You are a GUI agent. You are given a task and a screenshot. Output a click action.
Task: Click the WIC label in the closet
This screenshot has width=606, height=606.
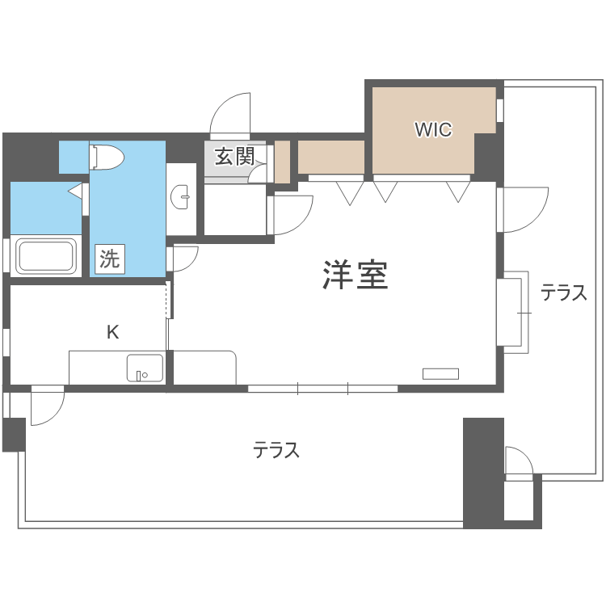coord(433,129)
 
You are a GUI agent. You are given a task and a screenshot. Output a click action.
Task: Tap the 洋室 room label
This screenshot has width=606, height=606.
coord(356,276)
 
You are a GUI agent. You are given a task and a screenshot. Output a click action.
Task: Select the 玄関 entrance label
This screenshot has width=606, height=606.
coord(234,156)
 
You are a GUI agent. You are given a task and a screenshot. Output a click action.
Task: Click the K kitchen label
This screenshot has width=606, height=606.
coord(113,331)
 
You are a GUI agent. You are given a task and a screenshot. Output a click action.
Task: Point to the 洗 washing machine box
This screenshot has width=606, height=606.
coord(109,259)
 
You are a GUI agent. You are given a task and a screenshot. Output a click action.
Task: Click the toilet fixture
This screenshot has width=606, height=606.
coord(107,157)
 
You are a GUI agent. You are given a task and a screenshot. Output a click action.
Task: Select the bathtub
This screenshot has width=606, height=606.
coord(46,256)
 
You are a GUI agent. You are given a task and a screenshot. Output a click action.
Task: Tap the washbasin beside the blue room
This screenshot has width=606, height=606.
coord(183,195)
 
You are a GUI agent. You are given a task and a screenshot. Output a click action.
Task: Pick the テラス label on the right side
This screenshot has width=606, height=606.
coord(563,293)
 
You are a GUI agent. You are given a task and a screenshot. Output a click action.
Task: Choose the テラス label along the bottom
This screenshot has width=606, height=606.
coord(276,450)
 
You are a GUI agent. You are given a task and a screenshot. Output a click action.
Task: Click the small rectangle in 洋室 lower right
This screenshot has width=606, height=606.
coord(440,373)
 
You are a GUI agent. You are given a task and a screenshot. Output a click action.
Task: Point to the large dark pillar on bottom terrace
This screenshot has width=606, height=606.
coord(483,473)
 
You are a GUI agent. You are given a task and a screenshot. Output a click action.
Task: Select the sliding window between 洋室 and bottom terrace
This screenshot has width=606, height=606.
coord(322,389)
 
